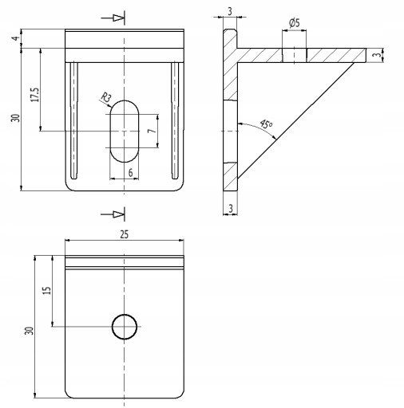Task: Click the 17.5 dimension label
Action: (x=35, y=95)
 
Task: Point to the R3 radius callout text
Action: (x=106, y=97)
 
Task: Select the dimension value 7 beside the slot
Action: (x=151, y=131)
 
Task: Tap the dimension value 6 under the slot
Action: (x=130, y=173)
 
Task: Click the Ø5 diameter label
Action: (x=294, y=23)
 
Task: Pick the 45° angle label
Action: (x=266, y=124)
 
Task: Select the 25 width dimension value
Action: (x=124, y=234)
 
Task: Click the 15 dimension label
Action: (x=46, y=290)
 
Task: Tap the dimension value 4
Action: (x=16, y=38)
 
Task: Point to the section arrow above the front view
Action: (x=113, y=18)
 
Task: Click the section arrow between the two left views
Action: (x=113, y=214)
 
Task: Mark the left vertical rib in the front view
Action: (x=73, y=120)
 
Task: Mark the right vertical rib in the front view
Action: (x=175, y=120)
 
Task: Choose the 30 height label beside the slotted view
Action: (x=16, y=118)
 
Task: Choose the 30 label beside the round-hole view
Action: (x=30, y=331)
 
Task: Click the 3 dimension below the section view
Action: (x=231, y=209)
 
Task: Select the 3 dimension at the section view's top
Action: (x=230, y=11)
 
